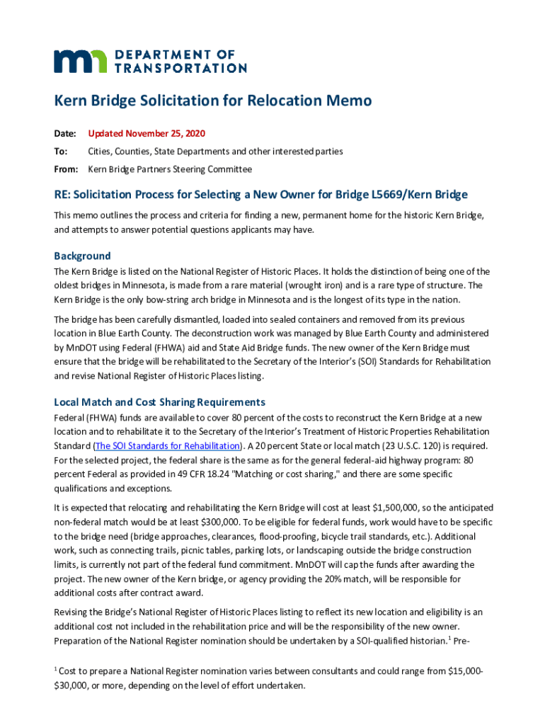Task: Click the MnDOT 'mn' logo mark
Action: pyautogui.click(x=81, y=61)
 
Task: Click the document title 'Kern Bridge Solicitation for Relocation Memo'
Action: pyautogui.click(x=213, y=101)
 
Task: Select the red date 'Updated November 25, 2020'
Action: pyautogui.click(x=147, y=133)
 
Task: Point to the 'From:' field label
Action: pyautogui.click(x=66, y=169)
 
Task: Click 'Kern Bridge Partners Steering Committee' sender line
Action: pyautogui.click(x=169, y=169)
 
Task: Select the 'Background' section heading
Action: pyautogui.click(x=82, y=256)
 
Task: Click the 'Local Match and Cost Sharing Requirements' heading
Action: pyautogui.click(x=159, y=402)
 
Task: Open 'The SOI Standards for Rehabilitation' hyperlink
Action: pyautogui.click(x=168, y=446)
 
